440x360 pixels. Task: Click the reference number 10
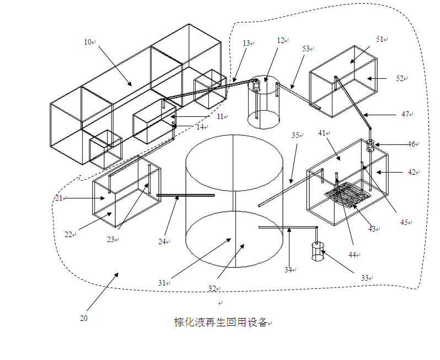coord(88,42)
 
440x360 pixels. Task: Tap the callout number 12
coord(281,41)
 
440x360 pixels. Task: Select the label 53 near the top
coord(306,49)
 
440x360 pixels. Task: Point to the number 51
coord(380,40)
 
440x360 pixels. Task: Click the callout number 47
coord(405,114)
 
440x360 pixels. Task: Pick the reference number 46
coord(411,144)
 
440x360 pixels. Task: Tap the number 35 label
coord(295,135)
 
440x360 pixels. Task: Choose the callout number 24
coord(162,241)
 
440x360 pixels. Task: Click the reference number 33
coord(364,278)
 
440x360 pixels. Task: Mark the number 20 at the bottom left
coord(84,318)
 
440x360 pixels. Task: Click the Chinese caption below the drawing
coord(221,323)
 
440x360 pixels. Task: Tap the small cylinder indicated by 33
coord(318,251)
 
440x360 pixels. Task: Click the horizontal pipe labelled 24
coord(185,195)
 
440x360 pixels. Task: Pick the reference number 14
coord(200,127)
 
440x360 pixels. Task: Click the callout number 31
coord(162,283)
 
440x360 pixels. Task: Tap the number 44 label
coord(352,255)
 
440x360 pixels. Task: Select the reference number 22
coord(68,234)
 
